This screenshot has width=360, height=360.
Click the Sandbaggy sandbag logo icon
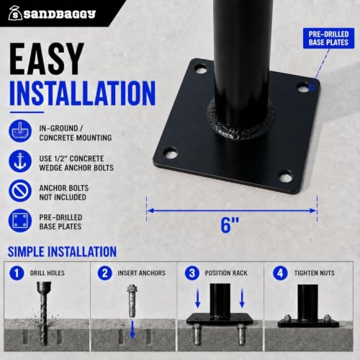click(15, 13)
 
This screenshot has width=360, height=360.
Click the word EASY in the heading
click(47, 59)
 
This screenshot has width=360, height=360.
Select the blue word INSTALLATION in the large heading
click(83, 93)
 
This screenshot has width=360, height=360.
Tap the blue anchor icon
click(20, 161)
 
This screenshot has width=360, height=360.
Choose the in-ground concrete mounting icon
click(20, 131)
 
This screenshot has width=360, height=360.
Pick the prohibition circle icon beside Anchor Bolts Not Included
click(20, 191)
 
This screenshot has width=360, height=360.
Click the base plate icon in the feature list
click(20, 220)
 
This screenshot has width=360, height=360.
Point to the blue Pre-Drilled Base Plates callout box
click(328, 38)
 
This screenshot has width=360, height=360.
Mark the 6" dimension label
click(230, 225)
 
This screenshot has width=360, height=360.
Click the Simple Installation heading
click(62, 251)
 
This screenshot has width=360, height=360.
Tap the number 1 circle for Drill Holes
click(17, 273)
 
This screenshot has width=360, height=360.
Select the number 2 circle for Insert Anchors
click(104, 273)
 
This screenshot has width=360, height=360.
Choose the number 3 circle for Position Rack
click(192, 273)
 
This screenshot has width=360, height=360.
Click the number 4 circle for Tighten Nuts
click(280, 273)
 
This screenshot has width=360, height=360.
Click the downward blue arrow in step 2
click(132, 330)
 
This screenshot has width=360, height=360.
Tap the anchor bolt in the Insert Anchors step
click(132, 300)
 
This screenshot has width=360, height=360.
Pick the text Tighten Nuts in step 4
click(314, 273)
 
